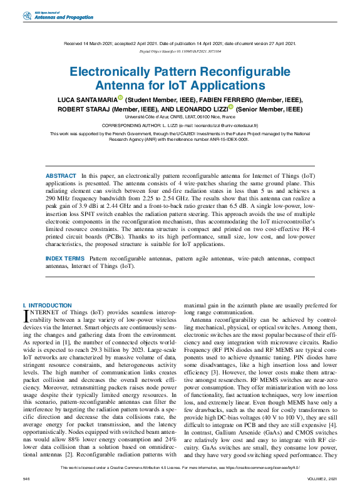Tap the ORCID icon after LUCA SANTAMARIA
point(120,98)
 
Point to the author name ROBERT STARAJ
point(85,108)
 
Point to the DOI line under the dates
point(180,50)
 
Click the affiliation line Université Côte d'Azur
point(180,117)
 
